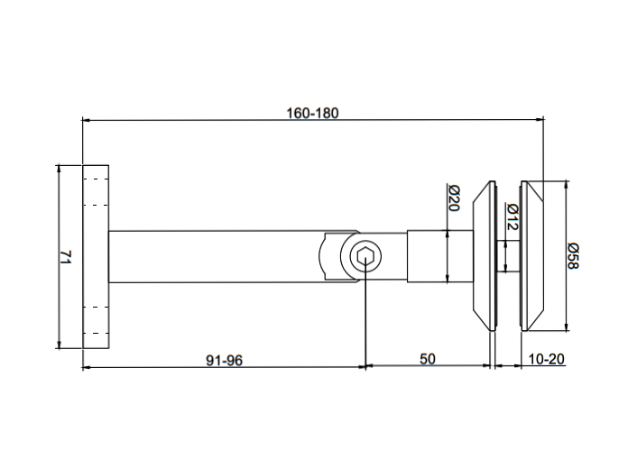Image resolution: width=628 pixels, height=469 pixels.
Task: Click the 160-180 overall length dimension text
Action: pyautogui.click(x=312, y=113)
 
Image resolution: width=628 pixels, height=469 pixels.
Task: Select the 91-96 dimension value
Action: pyautogui.click(x=224, y=359)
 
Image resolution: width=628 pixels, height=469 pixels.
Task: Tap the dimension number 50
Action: pyautogui.click(x=428, y=359)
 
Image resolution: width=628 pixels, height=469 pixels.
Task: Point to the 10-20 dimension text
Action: pyautogui.click(x=545, y=359)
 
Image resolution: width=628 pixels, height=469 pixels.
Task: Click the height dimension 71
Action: pyautogui.click(x=64, y=257)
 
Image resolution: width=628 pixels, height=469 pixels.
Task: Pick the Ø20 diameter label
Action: pyautogui.click(x=454, y=198)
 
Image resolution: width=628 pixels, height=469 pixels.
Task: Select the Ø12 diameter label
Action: pyautogui.click(x=511, y=216)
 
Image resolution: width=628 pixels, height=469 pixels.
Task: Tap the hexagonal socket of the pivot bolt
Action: pyautogui.click(x=365, y=258)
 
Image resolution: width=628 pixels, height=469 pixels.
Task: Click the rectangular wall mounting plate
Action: pyautogui.click(x=96, y=257)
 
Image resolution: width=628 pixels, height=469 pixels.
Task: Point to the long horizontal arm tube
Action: pyautogui.click(x=217, y=257)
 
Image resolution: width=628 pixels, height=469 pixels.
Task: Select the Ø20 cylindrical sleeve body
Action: pyautogui.click(x=439, y=257)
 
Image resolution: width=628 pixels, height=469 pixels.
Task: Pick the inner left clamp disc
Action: pyautogui.click(x=485, y=257)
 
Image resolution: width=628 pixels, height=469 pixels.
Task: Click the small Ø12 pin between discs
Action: pyautogui.click(x=503, y=257)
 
